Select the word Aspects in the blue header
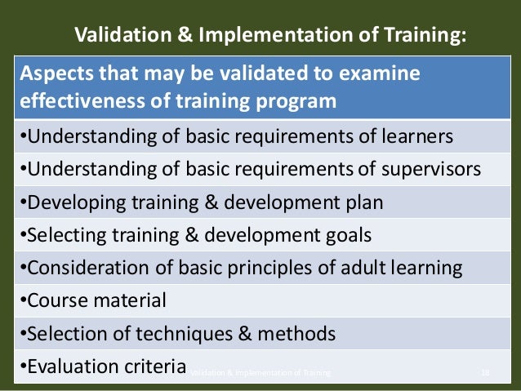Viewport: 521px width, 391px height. pyautogui.click(x=50, y=74)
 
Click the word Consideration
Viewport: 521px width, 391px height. pyautogui.click(x=89, y=269)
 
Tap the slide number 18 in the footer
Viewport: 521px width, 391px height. pyautogui.click(x=485, y=373)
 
